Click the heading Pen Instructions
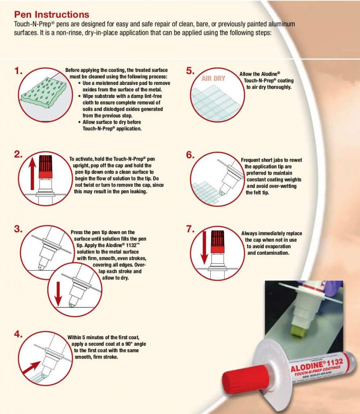point(51,14)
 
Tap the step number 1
point(18,71)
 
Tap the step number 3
point(18,229)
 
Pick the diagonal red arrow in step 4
point(32,368)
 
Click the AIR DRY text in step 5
point(213,78)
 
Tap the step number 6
point(190,155)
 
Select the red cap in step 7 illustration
point(218,242)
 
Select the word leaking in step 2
point(138,191)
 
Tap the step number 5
point(190,71)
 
